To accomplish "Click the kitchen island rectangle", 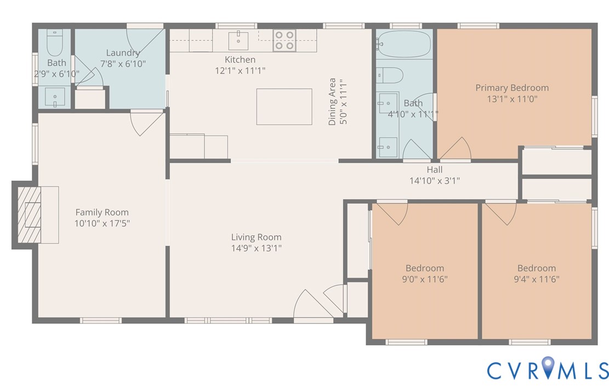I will [284, 107].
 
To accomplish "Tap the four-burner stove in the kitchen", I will [284, 40].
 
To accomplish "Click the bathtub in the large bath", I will [405, 43].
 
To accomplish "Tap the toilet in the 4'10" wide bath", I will [390, 74].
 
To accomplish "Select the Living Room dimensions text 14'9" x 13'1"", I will [256, 248].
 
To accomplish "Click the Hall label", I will [434, 170].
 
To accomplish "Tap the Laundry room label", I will [123, 53].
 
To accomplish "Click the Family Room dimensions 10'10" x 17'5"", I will [102, 223].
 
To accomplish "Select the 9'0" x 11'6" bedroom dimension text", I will [425, 279].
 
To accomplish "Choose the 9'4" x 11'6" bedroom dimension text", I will [537, 279].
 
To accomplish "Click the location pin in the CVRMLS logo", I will [548, 368].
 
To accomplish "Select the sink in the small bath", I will [55, 99].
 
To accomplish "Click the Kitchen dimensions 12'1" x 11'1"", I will [240, 70].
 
